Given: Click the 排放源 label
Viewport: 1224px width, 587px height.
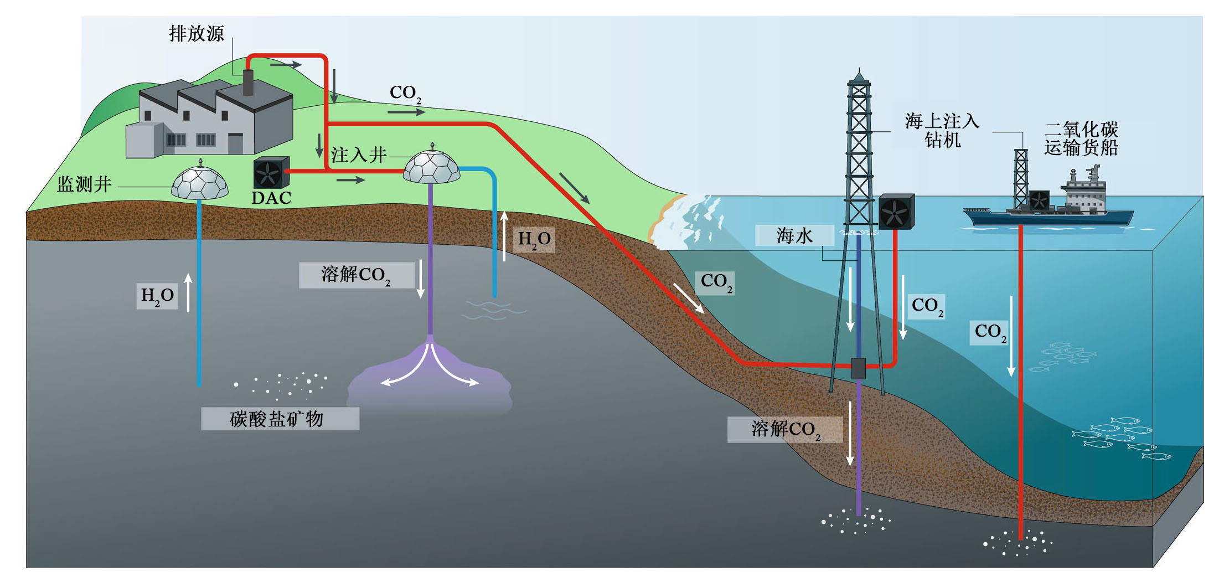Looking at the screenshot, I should (x=197, y=34).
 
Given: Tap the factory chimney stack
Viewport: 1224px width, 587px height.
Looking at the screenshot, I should (x=247, y=83).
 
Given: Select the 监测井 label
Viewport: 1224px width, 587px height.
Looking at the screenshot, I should (x=84, y=184).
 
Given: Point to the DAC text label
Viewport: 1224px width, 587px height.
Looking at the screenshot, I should (x=271, y=198).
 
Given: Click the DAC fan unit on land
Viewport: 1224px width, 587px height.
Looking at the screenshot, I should (x=271, y=173).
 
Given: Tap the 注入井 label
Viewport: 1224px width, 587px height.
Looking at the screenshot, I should (x=358, y=155).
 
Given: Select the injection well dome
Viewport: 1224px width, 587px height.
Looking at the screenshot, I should (x=431, y=165).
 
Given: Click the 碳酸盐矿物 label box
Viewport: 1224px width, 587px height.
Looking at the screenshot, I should (x=280, y=419).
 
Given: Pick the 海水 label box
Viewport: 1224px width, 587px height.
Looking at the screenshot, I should (x=794, y=236).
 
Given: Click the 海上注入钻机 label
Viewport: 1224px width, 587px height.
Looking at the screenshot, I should (x=942, y=130).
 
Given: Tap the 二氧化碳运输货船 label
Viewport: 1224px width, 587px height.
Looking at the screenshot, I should (x=1081, y=138).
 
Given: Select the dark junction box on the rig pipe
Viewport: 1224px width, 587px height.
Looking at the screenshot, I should (x=858, y=368).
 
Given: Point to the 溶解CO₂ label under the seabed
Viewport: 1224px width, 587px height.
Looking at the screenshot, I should (x=785, y=429).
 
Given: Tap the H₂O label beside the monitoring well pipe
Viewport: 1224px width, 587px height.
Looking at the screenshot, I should (x=157, y=296).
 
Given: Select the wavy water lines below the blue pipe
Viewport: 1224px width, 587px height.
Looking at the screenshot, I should (x=493, y=310).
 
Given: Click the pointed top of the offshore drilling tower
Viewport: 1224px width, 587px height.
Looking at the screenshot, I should (x=859, y=73).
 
